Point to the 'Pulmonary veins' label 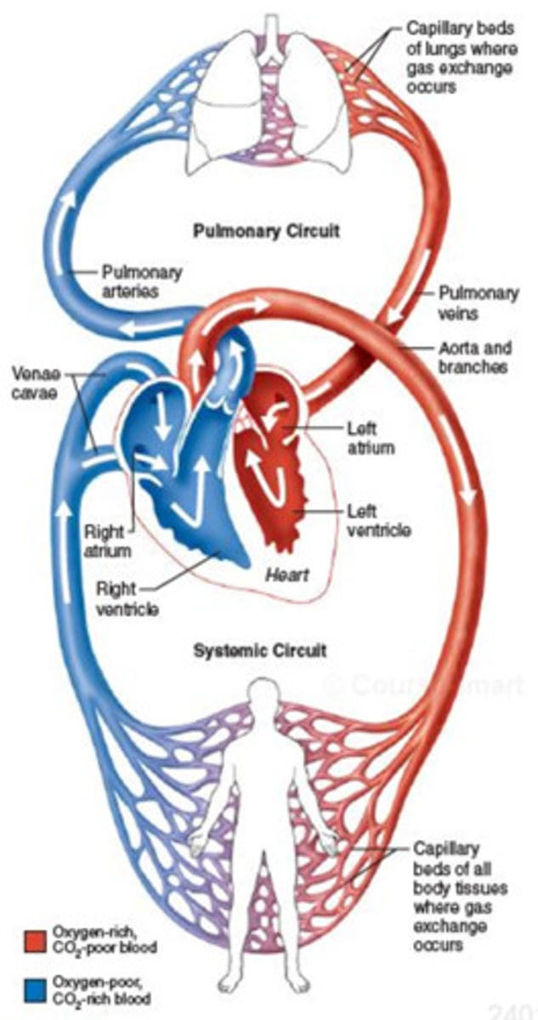click(478, 303)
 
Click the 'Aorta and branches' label click(473, 358)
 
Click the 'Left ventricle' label click(379, 521)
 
